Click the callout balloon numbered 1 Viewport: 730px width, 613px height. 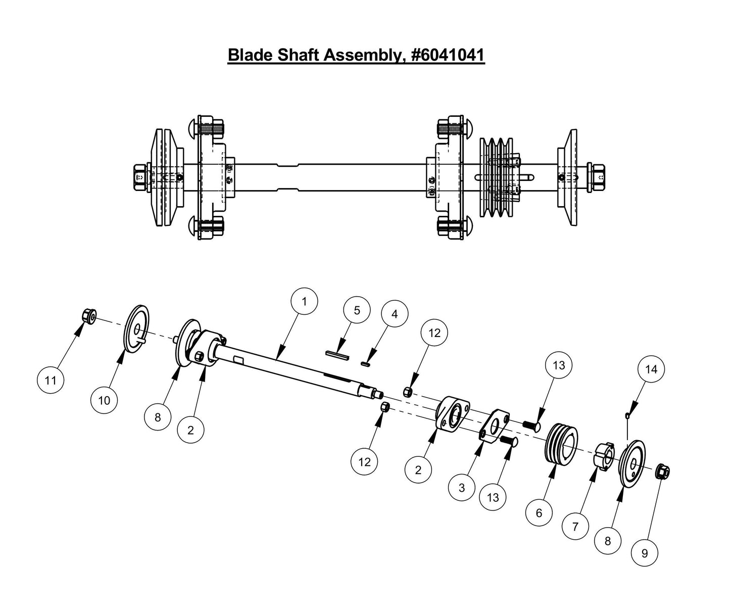[304, 302]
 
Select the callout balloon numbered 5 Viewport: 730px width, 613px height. [357, 310]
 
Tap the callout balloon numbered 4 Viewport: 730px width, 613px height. [395, 314]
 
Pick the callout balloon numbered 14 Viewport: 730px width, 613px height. [651, 369]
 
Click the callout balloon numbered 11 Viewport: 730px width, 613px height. [51, 380]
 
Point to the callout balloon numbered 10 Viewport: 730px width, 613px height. [104, 401]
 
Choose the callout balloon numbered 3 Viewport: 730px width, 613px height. [462, 489]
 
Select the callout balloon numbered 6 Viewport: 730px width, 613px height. [539, 512]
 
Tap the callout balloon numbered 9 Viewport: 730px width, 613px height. [645, 553]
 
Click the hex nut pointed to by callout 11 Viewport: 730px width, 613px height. [89, 317]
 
